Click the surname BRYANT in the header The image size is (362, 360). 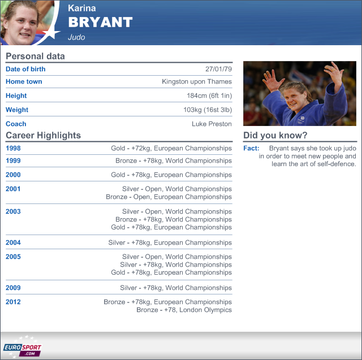click(100, 22)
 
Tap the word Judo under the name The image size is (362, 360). click(76, 37)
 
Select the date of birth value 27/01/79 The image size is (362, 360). click(218, 69)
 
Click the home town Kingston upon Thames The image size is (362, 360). click(197, 81)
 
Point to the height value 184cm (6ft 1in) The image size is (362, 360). click(209, 96)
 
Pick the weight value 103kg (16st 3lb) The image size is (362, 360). click(208, 110)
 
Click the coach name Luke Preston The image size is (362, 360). click(212, 124)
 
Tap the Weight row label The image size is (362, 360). click(17, 110)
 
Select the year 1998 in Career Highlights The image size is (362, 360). click(13, 148)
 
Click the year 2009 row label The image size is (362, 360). click(13, 288)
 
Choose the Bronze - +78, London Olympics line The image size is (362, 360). click(184, 310)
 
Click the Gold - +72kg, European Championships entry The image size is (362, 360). click(171, 148)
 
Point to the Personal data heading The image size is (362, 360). click(35, 57)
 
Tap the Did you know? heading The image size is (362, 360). click(275, 135)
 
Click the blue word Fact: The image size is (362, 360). click(251, 148)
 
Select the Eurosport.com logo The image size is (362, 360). click(22, 347)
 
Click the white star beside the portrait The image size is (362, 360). click(51, 33)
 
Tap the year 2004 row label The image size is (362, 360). click(13, 242)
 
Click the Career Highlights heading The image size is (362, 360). click(43, 135)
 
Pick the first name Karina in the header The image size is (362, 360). click(81, 8)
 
